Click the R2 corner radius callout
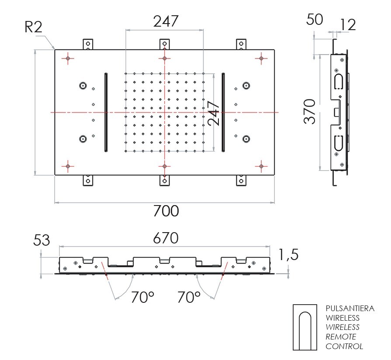pos(33,27)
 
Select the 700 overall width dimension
pos(166,211)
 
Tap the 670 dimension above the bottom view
pos(166,238)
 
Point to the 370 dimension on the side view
pos(310,112)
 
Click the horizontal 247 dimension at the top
pos(166,21)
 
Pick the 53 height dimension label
pos(42,240)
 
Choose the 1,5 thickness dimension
pos(288,254)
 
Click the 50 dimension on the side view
pos(315,20)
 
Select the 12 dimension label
pos(348,25)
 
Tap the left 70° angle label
pos(142,297)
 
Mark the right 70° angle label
pos(189,297)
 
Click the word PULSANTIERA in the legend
pos(350,309)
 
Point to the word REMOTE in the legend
pos(341,337)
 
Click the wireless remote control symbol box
pos(305,327)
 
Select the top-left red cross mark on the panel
pos(68,58)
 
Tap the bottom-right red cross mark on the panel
pos(261,166)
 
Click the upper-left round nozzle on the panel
pos(83,86)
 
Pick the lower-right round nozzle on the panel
pos(246,139)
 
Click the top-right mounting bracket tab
pos(241,45)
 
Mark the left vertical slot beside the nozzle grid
pos(106,112)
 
